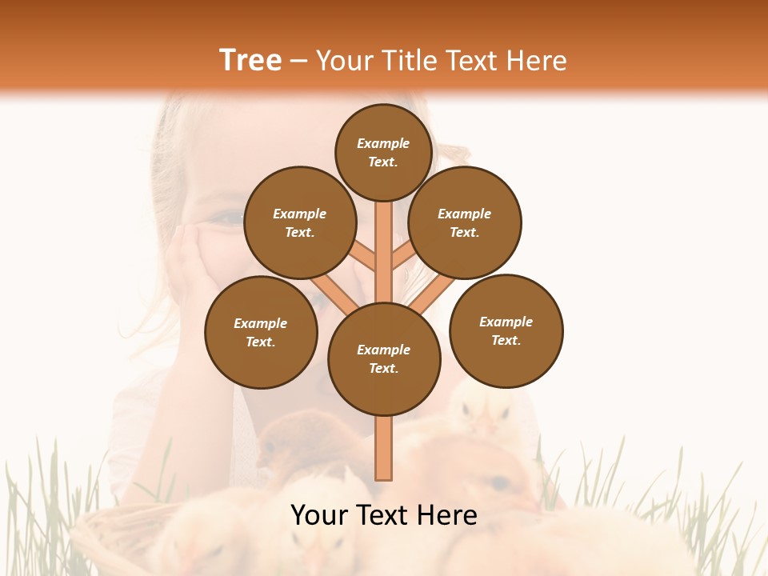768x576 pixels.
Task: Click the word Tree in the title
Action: [x=250, y=61]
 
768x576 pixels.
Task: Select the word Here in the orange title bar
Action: [x=536, y=61]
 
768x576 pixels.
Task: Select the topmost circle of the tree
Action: [x=383, y=152]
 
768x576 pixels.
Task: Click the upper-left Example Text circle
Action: [x=300, y=222]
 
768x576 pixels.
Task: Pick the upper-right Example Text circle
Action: [x=465, y=222]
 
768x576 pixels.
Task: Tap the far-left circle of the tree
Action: [x=261, y=332]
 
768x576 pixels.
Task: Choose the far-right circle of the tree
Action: [x=506, y=330]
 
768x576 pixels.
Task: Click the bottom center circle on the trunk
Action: [x=384, y=358]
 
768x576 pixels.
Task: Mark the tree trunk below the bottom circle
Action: [x=383, y=448]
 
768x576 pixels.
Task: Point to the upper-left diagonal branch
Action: [x=362, y=256]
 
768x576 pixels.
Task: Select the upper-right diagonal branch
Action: [x=404, y=256]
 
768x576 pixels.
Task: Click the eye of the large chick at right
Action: [x=499, y=482]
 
